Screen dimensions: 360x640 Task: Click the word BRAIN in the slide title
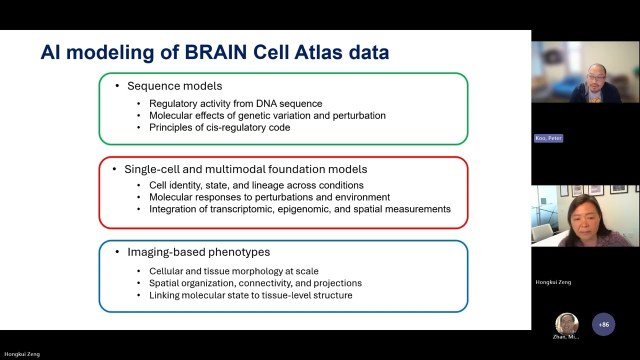tap(215, 52)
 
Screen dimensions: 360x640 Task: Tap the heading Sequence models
tap(174, 86)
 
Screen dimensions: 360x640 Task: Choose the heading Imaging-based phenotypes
tap(198, 252)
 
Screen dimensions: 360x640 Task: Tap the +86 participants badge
tap(603, 324)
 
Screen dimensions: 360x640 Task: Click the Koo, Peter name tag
tap(548, 138)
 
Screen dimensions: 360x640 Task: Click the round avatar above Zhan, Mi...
tap(566, 324)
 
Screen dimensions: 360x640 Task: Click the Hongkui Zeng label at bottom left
tap(22, 354)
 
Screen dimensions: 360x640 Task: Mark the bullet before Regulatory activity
tap(139, 104)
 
